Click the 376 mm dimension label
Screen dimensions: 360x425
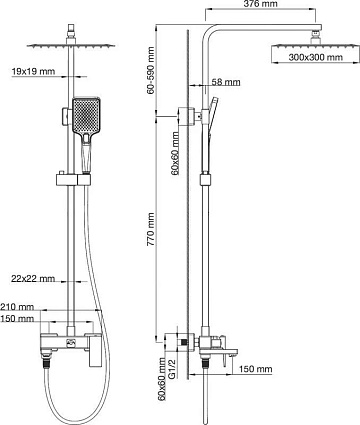click(260, 4)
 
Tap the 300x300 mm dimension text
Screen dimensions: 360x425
click(315, 57)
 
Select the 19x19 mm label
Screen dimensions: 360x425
click(33, 71)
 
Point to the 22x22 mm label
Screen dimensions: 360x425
click(33, 278)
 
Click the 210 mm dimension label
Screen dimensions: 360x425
click(17, 307)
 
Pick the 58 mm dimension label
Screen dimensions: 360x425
click(226, 82)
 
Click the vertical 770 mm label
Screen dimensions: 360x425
click(151, 230)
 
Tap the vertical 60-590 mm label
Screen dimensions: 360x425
click(151, 70)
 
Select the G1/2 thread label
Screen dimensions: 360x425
click(172, 368)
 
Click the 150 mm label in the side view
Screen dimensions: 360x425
click(255, 369)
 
